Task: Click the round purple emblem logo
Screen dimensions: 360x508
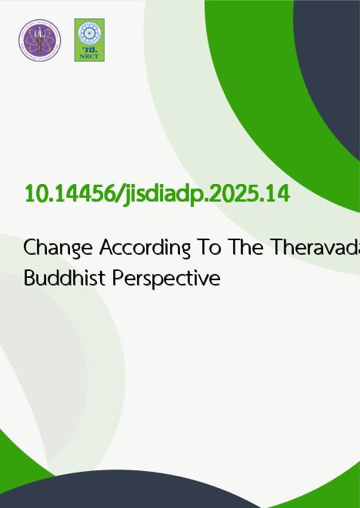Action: point(39,40)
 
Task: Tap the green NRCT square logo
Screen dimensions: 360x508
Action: point(89,40)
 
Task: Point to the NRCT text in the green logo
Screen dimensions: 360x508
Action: point(89,56)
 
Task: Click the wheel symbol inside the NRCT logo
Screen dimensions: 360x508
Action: point(89,33)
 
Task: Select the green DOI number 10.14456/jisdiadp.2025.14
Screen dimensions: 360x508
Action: point(157,195)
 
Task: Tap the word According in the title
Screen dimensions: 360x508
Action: point(145,248)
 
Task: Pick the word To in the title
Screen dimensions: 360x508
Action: point(209,247)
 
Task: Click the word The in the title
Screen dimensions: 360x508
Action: point(245,247)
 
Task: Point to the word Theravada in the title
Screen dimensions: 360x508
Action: point(315,247)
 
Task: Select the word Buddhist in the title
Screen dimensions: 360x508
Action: point(65,278)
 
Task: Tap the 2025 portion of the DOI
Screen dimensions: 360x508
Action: point(235,194)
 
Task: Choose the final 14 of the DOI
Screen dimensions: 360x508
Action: point(277,194)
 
